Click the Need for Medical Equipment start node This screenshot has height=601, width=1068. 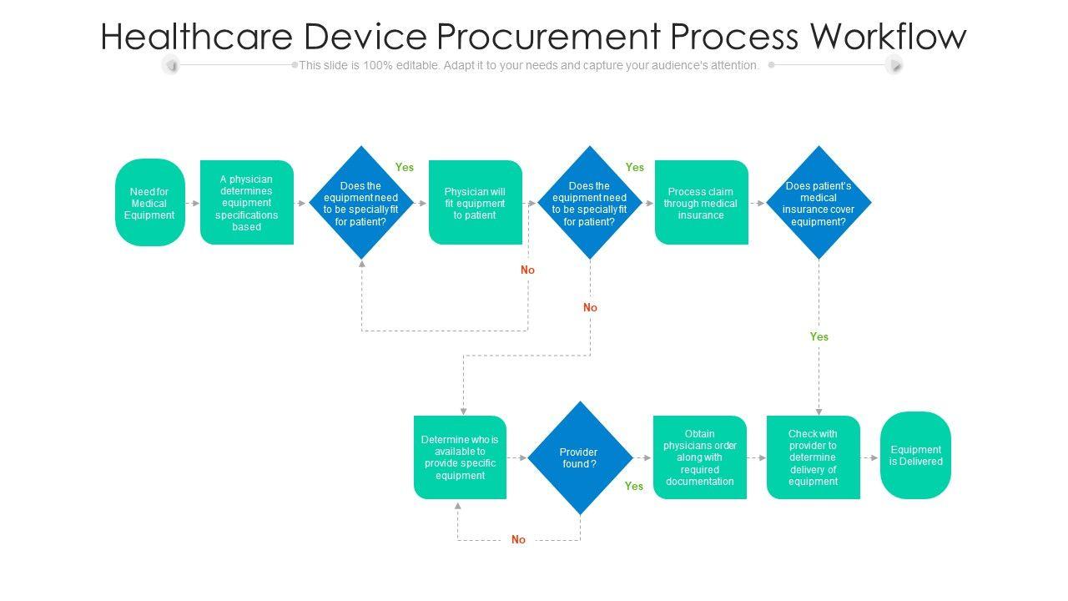coord(149,203)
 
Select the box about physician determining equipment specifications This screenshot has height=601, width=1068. coord(246,203)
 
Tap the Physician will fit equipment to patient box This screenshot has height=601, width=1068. coord(476,203)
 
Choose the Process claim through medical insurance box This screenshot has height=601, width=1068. coord(702,203)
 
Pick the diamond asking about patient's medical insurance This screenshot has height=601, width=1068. coord(819,203)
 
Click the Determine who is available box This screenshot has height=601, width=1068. coord(460,457)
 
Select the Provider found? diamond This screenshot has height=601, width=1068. coord(580,458)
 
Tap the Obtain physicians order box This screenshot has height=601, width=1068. coord(700,457)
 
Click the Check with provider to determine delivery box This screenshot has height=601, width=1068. coord(814,457)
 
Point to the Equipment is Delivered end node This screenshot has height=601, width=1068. coord(915,456)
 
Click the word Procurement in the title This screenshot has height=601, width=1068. coord(548,36)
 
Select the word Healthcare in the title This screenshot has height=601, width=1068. coord(196,36)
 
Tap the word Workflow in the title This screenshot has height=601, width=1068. coord(888,36)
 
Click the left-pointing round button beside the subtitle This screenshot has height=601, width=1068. coord(170,64)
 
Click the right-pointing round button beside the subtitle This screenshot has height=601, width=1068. coord(894,64)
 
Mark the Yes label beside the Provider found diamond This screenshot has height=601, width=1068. coord(634,486)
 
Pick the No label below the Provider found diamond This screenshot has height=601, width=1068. coord(518,539)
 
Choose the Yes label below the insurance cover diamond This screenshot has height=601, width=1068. coord(819,336)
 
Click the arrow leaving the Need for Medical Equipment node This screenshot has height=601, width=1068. coord(193,203)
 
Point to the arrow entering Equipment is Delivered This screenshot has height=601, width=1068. coord(869,458)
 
